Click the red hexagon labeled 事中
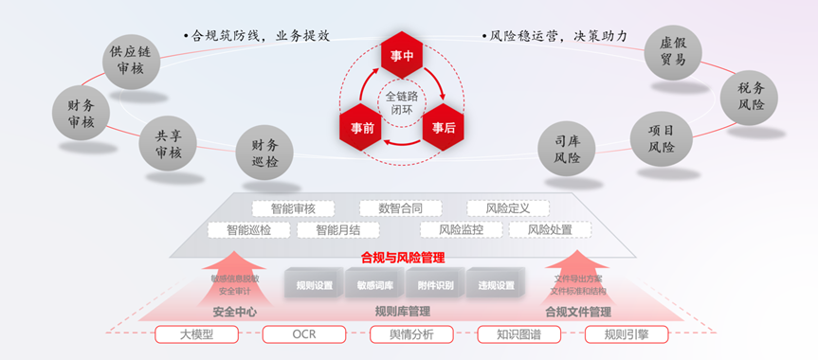402,54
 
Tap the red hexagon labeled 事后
443,127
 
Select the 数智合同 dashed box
399,208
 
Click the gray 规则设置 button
314,284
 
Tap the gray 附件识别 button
435,284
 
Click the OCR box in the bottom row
303,333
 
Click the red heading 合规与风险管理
403,257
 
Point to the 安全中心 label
234,311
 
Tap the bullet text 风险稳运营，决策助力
557,36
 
